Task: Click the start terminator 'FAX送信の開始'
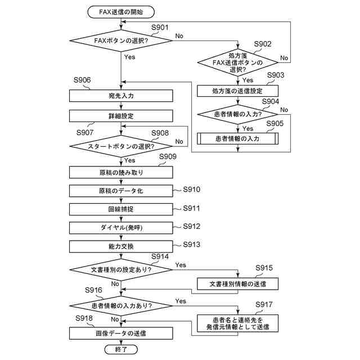click(121, 12)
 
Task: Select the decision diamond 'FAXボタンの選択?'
click(121, 40)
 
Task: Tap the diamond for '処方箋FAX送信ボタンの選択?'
click(237, 59)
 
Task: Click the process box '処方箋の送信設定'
click(237, 91)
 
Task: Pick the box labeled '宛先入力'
click(121, 96)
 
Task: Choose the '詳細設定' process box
click(121, 116)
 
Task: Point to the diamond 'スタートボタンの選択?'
click(121, 146)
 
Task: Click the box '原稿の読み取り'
click(121, 172)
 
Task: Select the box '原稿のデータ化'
click(121, 191)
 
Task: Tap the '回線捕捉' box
click(121, 209)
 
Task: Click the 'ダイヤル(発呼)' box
click(121, 228)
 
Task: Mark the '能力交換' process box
click(121, 246)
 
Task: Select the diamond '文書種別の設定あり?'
click(121, 269)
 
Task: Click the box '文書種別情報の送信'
click(237, 283)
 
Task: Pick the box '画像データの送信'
click(121, 333)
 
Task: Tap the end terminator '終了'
click(121, 350)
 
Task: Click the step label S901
click(160, 28)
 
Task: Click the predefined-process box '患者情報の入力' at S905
click(237, 138)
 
